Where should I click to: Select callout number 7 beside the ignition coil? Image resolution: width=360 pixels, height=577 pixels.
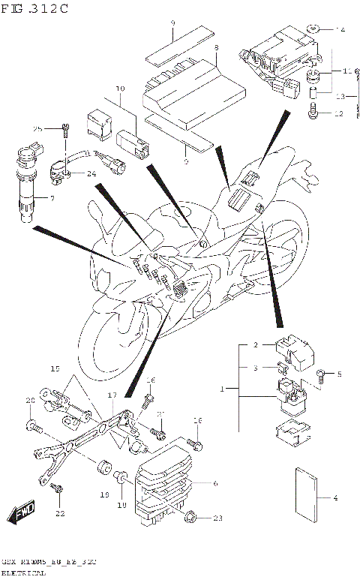52,198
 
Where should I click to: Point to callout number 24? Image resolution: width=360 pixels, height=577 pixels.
92,174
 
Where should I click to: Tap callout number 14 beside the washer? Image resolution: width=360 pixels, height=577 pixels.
341,29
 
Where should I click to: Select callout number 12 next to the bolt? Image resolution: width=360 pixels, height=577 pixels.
339,114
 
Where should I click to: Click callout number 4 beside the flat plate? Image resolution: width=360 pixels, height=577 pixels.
334,497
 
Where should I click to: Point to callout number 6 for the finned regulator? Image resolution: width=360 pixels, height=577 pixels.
216,483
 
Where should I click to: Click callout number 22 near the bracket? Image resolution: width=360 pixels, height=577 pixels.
60,513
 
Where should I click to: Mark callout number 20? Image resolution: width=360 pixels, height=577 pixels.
31,401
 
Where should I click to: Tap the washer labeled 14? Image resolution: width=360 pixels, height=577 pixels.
316,30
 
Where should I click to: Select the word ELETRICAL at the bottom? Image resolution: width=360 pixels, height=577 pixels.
22,572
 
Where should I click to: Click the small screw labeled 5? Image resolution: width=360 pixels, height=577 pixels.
322,373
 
